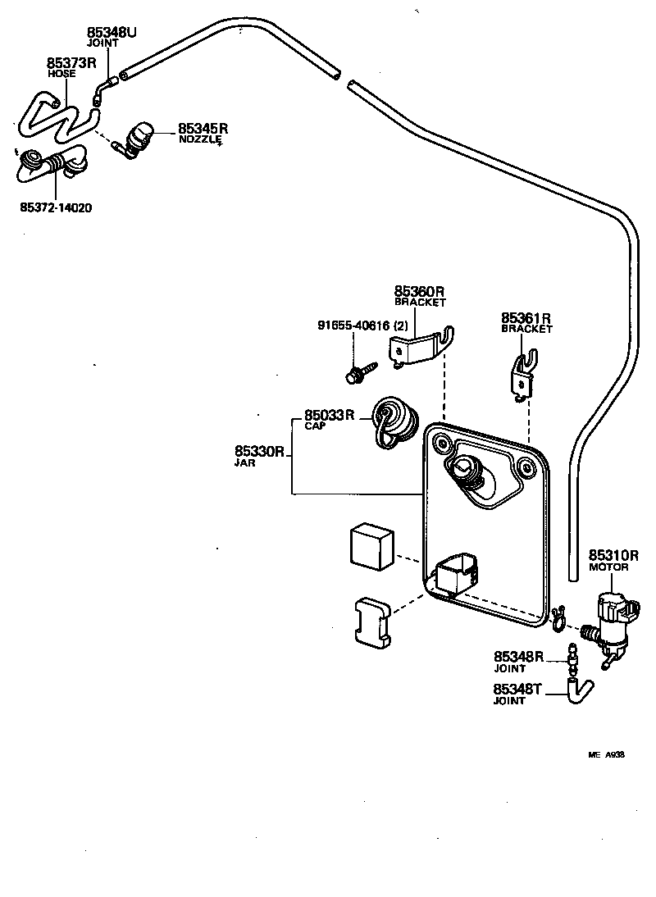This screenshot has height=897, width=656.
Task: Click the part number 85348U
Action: point(112,33)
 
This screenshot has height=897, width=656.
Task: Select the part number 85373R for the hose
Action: point(71,62)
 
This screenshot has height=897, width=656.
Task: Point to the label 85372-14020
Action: point(56,207)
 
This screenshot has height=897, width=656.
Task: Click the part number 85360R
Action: point(419,291)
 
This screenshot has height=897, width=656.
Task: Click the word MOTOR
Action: point(608,567)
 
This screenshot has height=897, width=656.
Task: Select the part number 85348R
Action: point(519,656)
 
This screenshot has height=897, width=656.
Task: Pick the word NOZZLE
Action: point(200,139)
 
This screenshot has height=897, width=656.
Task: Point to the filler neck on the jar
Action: point(465,473)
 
